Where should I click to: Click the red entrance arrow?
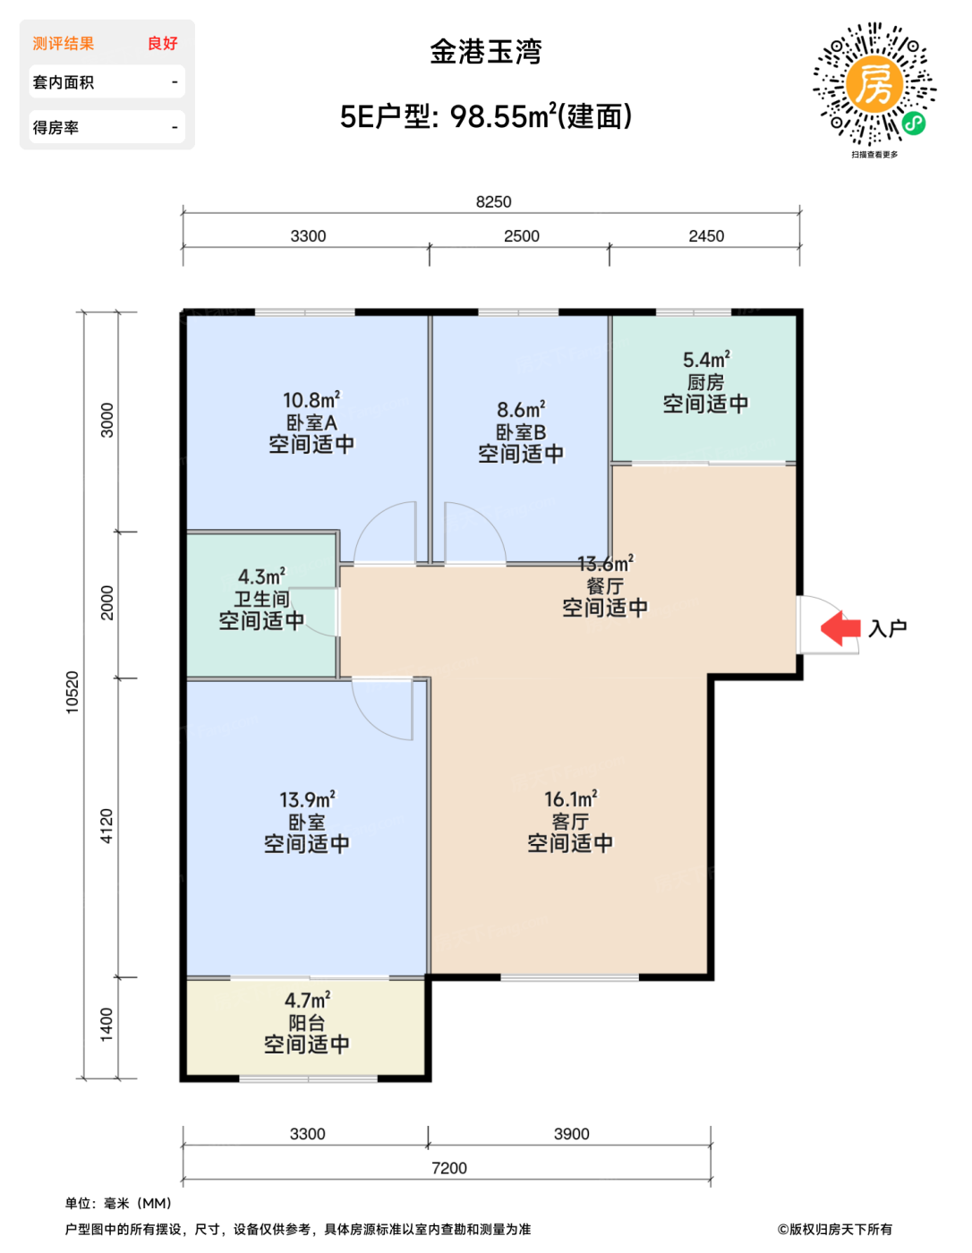coord(840,628)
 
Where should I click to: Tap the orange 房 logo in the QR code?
coord(874,83)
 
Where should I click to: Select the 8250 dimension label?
coord(493,201)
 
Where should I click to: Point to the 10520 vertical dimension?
coord(72,693)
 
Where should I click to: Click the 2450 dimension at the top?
coord(706,236)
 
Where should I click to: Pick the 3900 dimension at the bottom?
coord(571,1134)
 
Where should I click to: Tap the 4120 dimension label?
coord(107,826)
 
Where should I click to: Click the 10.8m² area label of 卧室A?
coord(311,399)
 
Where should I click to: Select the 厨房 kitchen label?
coord(705,382)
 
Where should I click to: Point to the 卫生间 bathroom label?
coord(261,599)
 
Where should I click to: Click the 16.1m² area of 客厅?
coord(571,799)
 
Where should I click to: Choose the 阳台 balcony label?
coord(307,1023)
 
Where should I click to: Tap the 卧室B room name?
coord(521,432)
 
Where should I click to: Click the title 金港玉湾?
coord(485,52)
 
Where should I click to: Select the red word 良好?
coord(163,43)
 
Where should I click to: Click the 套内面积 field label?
coord(64,82)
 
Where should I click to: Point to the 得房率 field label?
coord(55,127)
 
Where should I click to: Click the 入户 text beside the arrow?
coord(887,628)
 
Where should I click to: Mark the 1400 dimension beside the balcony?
coord(107,1026)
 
